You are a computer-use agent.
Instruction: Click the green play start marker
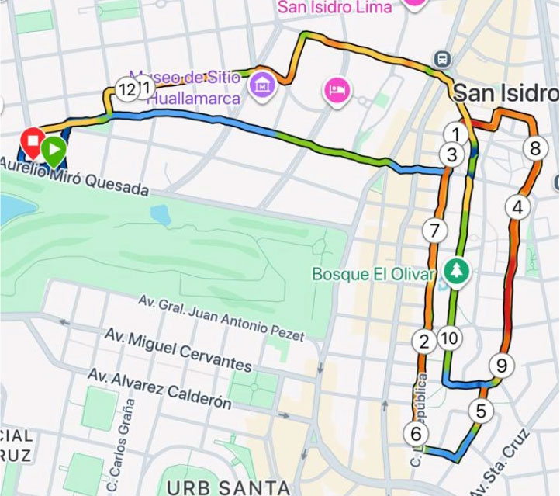tap(53, 148)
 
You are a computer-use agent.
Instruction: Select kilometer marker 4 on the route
tap(517, 207)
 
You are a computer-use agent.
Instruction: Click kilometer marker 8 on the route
tap(534, 147)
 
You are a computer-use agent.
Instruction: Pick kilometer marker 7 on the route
tap(434, 230)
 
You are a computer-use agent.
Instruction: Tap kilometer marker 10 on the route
tap(449, 338)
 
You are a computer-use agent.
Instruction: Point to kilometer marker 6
tap(416, 434)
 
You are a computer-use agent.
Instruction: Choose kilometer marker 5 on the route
tap(481, 411)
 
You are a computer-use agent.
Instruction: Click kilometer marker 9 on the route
tap(501, 364)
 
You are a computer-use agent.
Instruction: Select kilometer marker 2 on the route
tap(423, 341)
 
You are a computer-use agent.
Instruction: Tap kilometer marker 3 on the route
tap(452, 154)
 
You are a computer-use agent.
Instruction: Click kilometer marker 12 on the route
tap(126, 88)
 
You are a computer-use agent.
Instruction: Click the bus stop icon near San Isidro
tap(442, 59)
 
